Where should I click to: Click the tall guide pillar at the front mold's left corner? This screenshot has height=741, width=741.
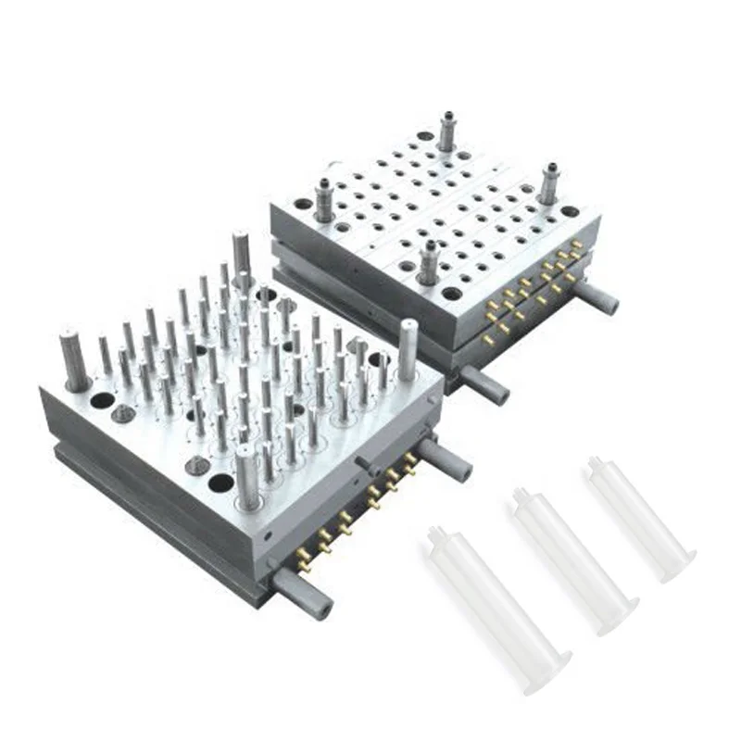coord(74,357)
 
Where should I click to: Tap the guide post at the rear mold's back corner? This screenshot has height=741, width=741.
coord(446,132)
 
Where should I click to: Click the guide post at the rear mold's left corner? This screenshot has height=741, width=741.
coord(325,199)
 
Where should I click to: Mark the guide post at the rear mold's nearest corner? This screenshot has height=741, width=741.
coord(427,262)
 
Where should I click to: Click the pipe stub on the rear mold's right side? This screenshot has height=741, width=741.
coord(597,298)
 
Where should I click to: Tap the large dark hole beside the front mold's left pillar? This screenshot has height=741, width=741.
coord(102,400)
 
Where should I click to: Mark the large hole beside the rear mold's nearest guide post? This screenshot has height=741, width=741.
coord(452,294)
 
